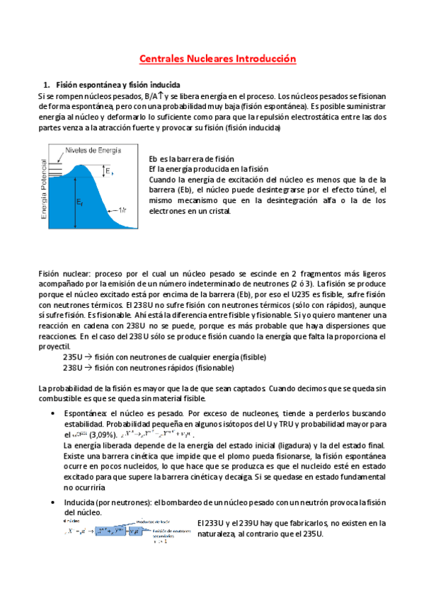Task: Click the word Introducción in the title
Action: coord(260,60)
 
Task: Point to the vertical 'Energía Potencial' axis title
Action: coord(45,187)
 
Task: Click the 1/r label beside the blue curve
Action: coord(124,210)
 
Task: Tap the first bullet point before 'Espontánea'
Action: coord(55,412)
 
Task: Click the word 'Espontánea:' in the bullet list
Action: coord(85,412)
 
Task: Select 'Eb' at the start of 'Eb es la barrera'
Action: coord(155,158)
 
